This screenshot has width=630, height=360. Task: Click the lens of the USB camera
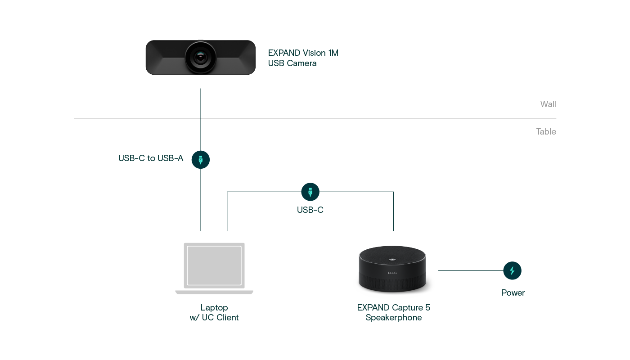tap(201, 58)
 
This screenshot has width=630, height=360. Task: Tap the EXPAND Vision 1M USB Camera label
tap(303, 58)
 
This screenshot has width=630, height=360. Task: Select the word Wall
tap(548, 104)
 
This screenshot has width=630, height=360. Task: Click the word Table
tap(546, 132)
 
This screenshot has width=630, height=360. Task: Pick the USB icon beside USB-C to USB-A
tap(201, 160)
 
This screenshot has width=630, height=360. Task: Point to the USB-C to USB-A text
tap(151, 158)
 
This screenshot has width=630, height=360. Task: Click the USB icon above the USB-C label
tap(310, 192)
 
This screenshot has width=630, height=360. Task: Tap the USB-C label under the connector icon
tap(310, 210)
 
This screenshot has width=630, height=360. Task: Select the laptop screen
tap(214, 265)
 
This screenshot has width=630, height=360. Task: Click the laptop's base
tap(214, 292)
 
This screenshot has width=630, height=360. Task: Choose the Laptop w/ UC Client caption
tap(214, 313)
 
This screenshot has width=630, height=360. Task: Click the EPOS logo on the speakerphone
tap(392, 273)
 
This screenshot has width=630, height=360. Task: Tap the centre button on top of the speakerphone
tap(392, 260)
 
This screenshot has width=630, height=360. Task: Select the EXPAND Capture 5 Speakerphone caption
tap(394, 313)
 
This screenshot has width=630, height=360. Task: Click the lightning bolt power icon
tap(512, 270)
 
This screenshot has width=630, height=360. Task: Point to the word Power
tap(513, 293)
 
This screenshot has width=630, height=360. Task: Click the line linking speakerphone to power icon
tap(470, 270)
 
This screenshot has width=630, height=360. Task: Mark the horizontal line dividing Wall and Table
tap(315, 118)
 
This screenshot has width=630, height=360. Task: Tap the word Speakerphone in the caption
tap(394, 318)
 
